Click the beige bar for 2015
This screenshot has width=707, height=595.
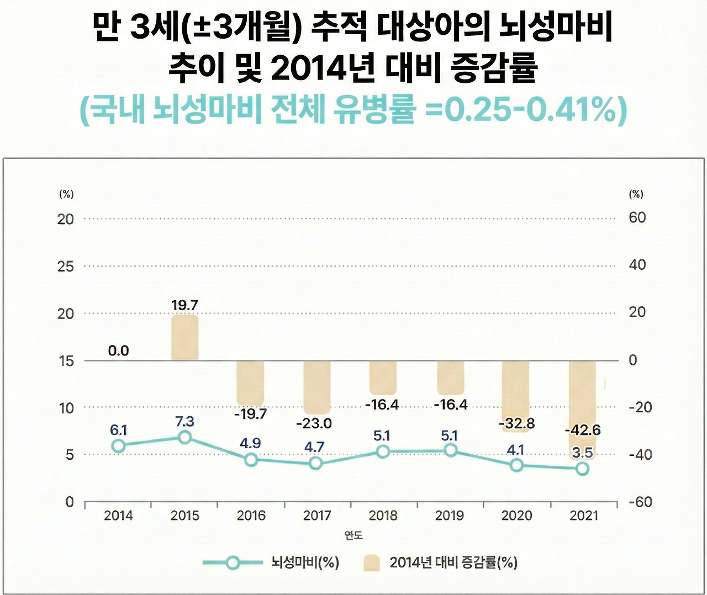(184, 338)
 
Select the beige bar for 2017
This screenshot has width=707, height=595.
(317, 387)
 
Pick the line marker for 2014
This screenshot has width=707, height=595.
(118, 446)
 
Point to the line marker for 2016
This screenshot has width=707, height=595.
(251, 460)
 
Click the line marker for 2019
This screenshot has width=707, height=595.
(451, 450)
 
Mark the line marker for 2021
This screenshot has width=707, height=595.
(582, 469)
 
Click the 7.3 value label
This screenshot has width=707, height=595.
(184, 422)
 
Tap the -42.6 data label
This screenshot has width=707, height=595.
(582, 430)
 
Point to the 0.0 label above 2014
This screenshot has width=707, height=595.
(118, 350)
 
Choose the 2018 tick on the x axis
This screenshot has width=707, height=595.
(383, 516)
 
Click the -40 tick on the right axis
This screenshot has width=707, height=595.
(640, 455)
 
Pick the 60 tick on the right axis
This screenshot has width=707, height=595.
(637, 217)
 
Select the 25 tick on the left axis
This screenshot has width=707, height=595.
(66, 267)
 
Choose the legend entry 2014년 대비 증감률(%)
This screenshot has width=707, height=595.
(453, 562)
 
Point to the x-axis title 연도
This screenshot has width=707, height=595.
(353, 535)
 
